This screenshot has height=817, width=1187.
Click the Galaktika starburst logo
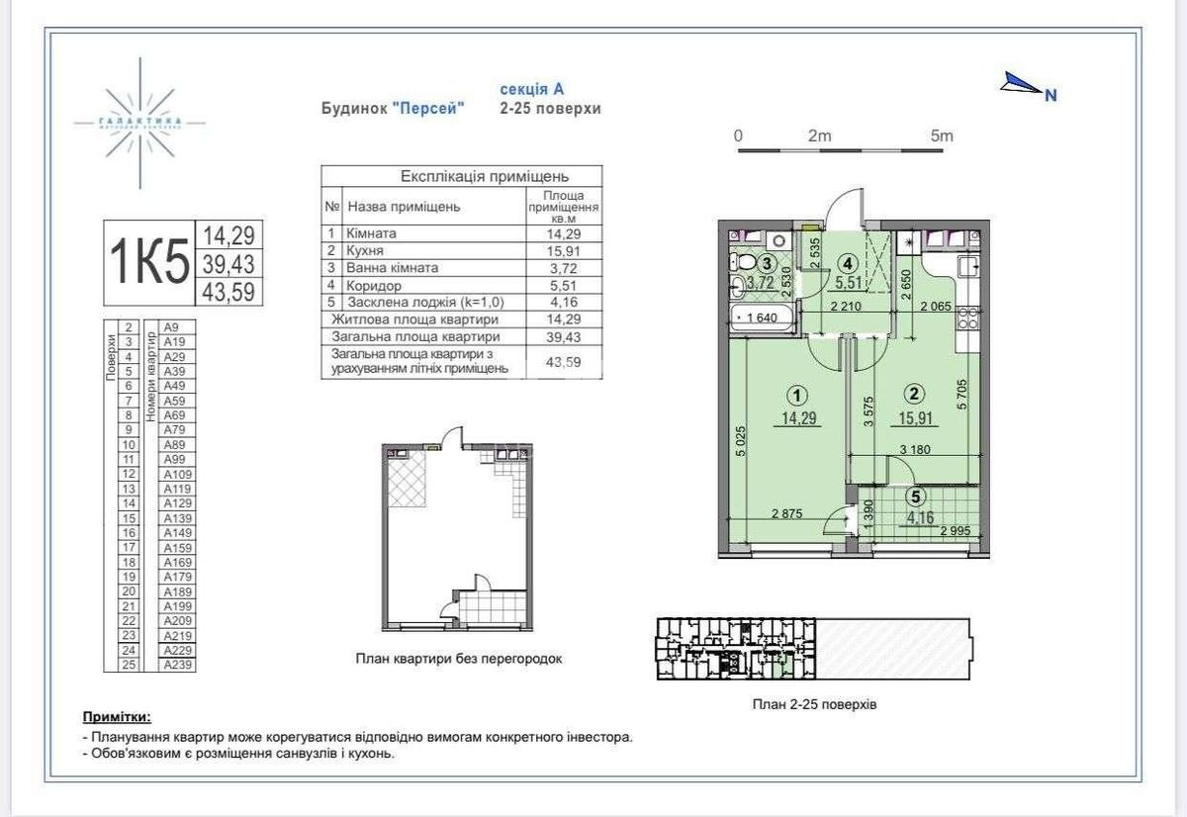[x=140, y=123]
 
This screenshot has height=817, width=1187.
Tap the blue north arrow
[x=1023, y=85]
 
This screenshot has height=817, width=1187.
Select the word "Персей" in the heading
[x=427, y=109]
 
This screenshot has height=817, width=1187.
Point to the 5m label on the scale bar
[x=941, y=136]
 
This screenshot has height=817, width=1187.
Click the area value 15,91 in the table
[x=563, y=250]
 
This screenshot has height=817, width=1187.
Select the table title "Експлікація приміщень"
[x=461, y=176]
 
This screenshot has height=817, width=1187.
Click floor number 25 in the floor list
[x=128, y=665]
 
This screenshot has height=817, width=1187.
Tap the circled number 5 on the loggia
[x=916, y=499]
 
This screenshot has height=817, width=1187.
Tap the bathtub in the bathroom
[x=762, y=318]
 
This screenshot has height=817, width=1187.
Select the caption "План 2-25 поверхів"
[x=814, y=705]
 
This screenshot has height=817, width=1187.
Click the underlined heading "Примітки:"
[x=117, y=716]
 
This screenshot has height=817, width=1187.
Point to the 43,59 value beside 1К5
[x=229, y=292]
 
